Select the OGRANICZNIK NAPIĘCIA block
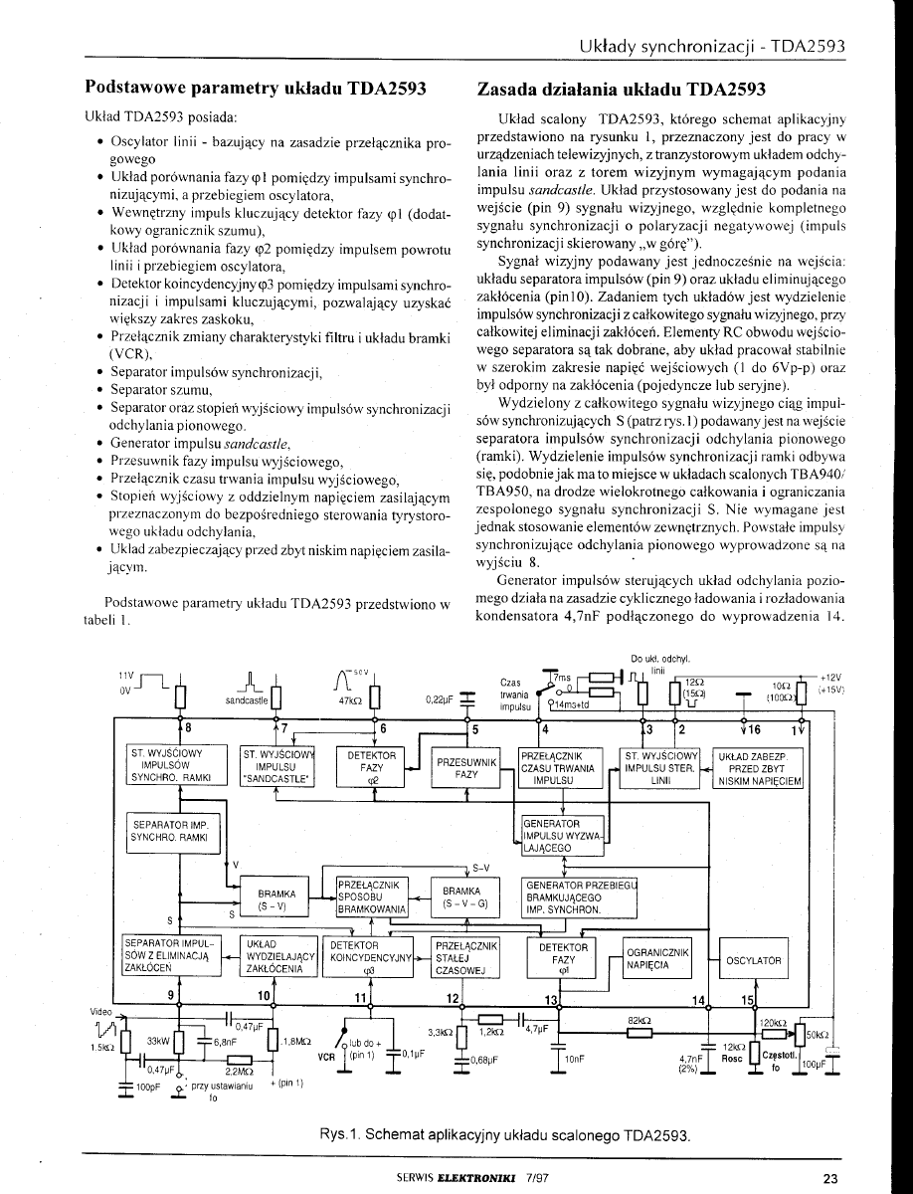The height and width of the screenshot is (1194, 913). pos(655,957)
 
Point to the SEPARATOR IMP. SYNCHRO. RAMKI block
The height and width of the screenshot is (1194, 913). pos(169,831)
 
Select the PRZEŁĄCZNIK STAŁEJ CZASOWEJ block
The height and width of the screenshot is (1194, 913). pos(465,957)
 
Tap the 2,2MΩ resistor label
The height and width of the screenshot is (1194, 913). pos(237,1072)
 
